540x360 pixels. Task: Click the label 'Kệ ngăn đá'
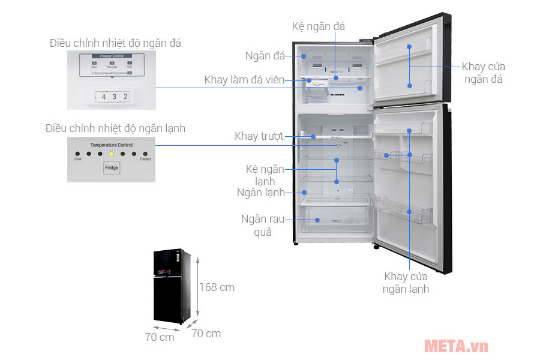tap(318, 26)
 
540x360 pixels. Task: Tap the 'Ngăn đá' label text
tap(265, 56)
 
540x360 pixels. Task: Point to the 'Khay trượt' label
tap(259, 136)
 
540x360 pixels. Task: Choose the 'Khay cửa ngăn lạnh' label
tap(407, 283)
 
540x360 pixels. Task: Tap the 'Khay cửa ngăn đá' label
tap(483, 73)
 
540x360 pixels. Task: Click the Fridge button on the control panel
tap(112, 168)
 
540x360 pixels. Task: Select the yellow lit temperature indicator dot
tap(112, 153)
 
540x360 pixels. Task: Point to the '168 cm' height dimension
tap(217, 287)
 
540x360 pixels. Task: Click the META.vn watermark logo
tap(456, 346)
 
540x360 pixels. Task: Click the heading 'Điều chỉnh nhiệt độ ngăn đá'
tap(115, 43)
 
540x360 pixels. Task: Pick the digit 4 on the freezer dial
tap(104, 96)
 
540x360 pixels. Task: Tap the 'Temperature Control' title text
tap(112, 145)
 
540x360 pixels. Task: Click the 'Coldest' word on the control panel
tap(145, 159)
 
